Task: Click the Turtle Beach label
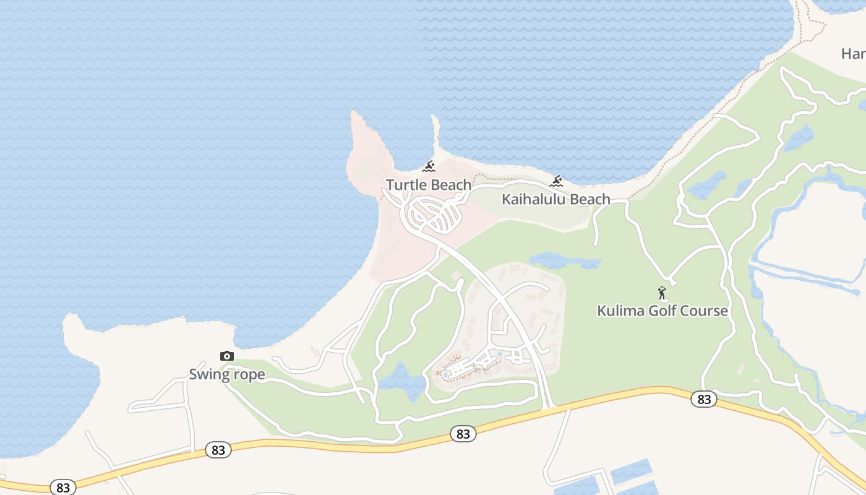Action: pos(429,184)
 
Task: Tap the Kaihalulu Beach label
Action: pos(555,199)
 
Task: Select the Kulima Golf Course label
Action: pos(662,311)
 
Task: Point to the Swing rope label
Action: pos(226,374)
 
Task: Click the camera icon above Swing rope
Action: pos(227,356)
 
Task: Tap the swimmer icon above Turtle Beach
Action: pos(429,166)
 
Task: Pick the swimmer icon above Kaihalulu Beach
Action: pos(556,181)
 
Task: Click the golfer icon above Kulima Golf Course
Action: pos(662,293)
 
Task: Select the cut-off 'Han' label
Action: pos(854,54)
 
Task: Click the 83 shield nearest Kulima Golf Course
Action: pos(704,399)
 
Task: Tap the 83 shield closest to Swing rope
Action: pos(218,450)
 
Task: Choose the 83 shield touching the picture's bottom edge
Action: pos(63,487)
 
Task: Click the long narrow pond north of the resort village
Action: pos(565,260)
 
